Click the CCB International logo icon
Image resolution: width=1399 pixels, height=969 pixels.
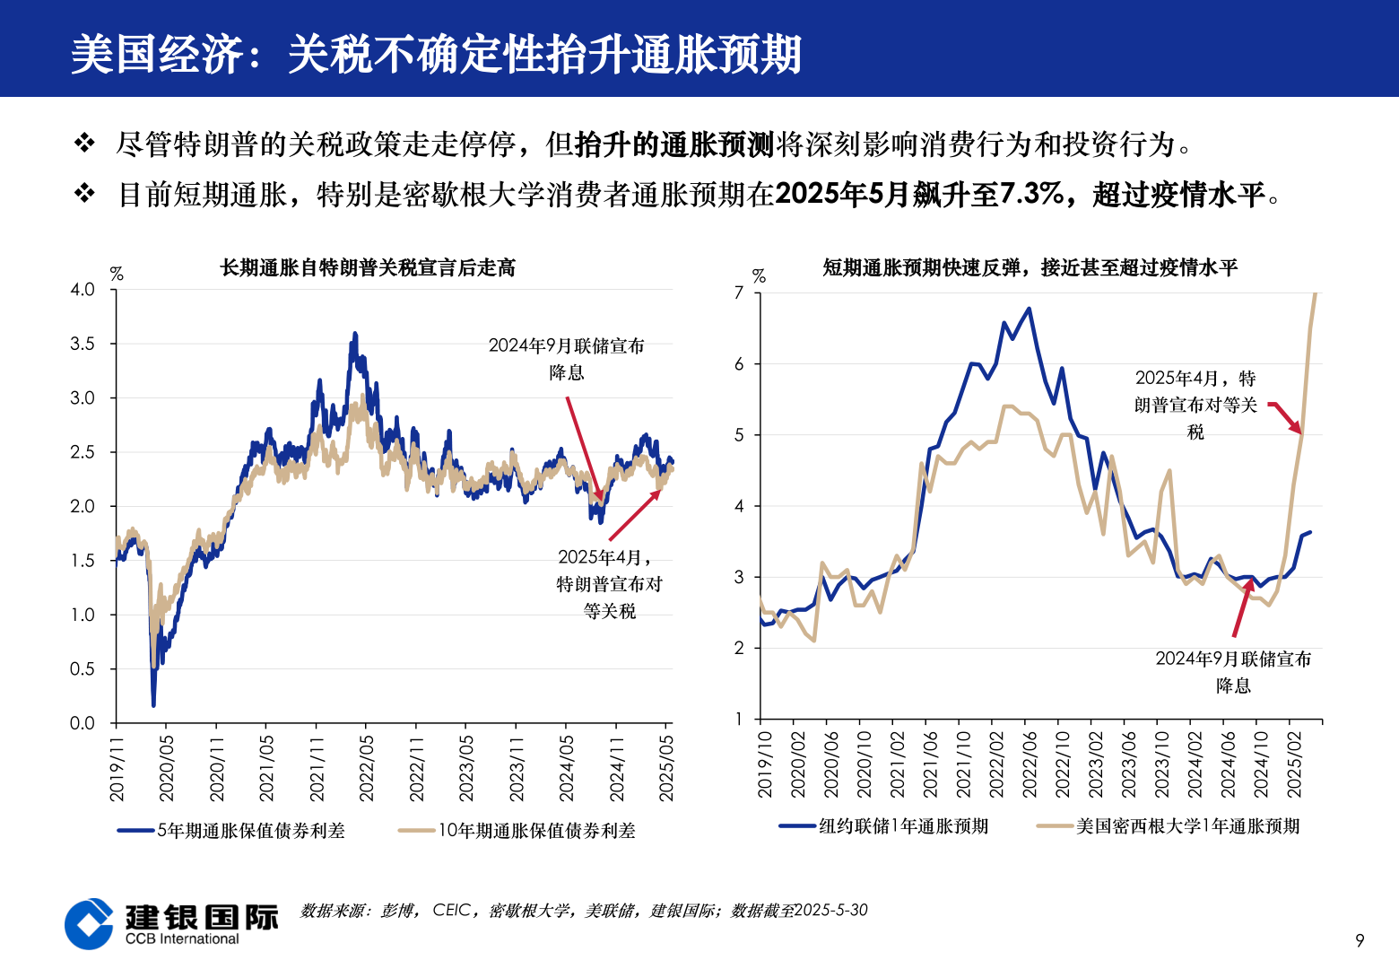(90, 924)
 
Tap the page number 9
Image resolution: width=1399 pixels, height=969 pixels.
(1360, 940)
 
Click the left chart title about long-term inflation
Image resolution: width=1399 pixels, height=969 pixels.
(368, 267)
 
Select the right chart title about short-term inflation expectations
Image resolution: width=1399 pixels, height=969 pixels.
(1030, 267)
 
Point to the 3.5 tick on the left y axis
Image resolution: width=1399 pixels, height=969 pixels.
(83, 344)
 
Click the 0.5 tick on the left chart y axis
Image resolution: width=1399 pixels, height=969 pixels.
(83, 669)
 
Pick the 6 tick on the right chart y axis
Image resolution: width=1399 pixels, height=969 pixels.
(739, 364)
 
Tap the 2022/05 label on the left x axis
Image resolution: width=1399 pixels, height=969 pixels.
(366, 768)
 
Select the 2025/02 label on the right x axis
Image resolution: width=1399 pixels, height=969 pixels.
(1294, 764)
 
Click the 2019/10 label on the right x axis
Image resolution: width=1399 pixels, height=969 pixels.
(764, 764)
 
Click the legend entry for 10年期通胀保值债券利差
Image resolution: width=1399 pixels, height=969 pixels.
(517, 831)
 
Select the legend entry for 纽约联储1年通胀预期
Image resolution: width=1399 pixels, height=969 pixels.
(884, 826)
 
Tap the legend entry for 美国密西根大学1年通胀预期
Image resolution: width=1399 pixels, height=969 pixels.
(1169, 826)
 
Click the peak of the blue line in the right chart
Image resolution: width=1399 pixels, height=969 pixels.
(1029, 309)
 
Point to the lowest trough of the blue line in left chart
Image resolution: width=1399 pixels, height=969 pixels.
(153, 704)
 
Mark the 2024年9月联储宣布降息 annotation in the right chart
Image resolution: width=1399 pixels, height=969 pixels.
(1233, 672)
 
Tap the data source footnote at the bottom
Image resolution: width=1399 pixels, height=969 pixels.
(584, 911)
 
